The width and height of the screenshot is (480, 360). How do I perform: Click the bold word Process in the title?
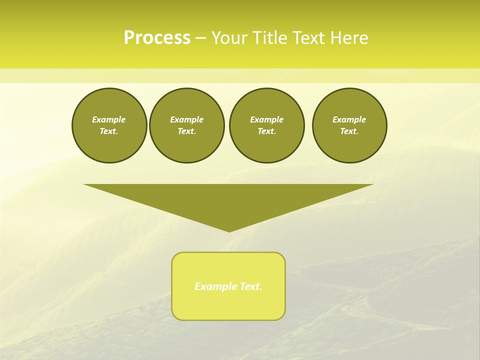(x=156, y=38)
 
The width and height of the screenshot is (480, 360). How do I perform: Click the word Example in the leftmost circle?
(x=108, y=119)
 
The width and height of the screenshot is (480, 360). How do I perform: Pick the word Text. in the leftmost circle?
(x=109, y=131)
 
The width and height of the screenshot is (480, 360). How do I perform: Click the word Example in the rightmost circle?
(x=349, y=119)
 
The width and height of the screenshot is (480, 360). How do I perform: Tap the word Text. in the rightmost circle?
(x=349, y=131)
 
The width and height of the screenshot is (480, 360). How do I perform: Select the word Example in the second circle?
(x=186, y=119)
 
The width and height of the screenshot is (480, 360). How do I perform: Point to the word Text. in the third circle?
(x=266, y=131)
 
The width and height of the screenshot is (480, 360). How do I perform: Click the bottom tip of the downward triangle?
(x=229, y=230)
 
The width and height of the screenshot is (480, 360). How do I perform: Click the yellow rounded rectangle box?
(x=228, y=305)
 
